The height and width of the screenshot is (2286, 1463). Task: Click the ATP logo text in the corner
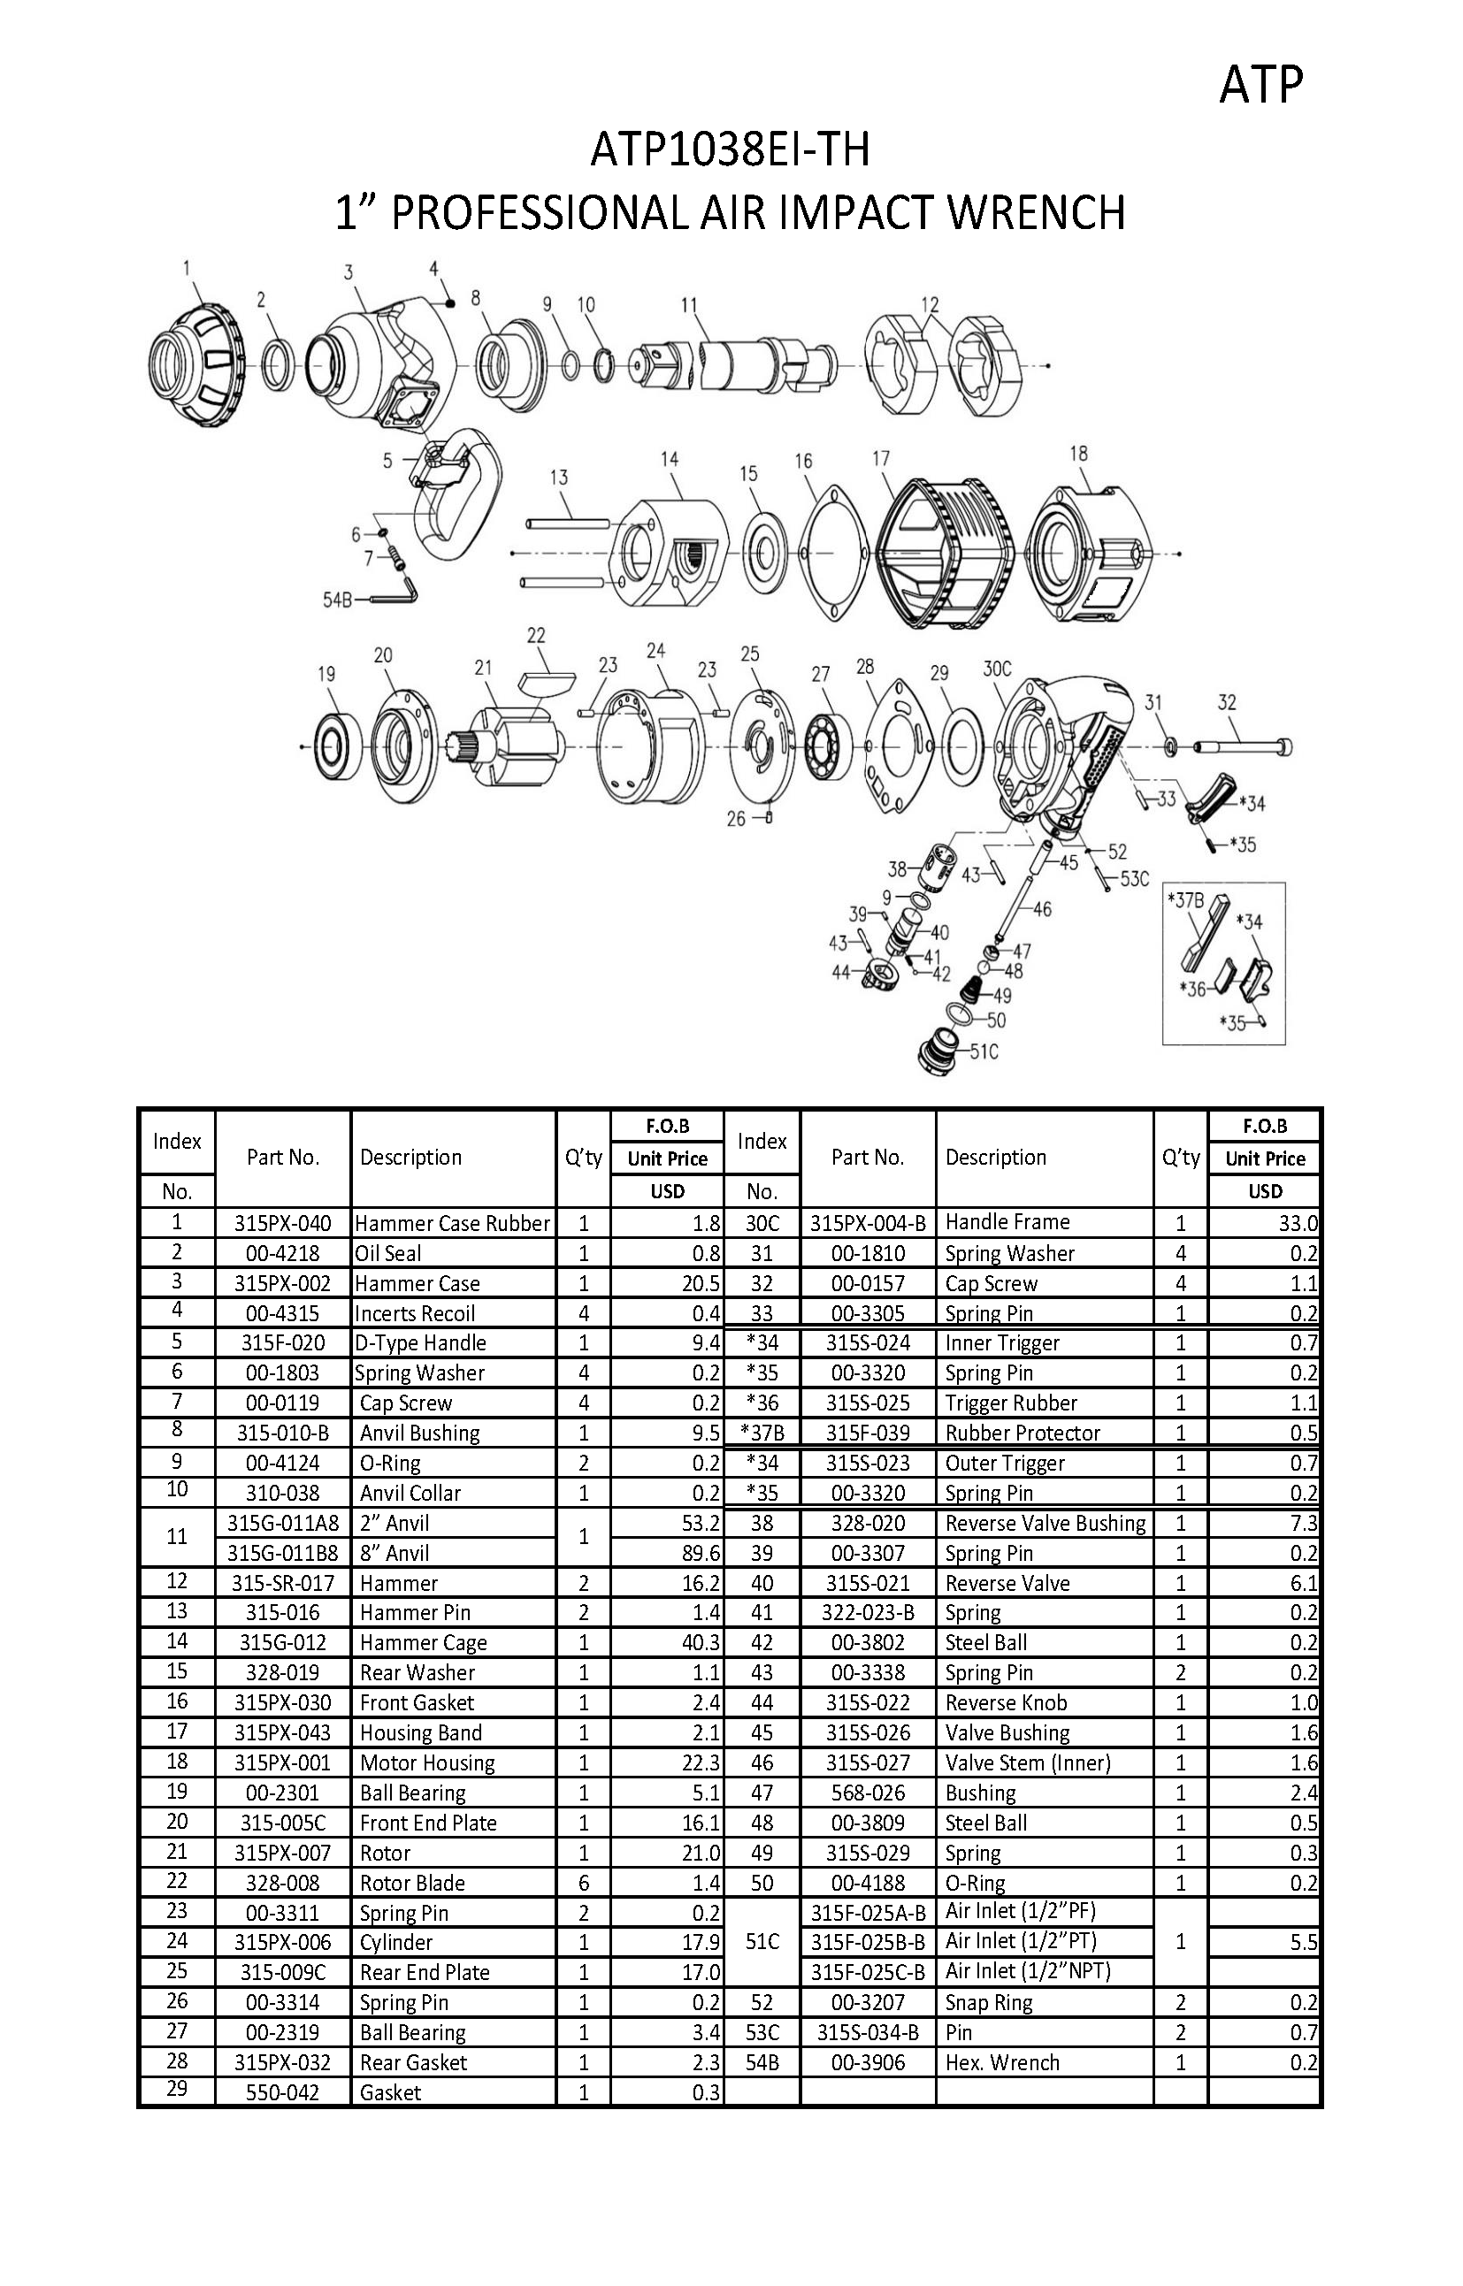pos(1260,86)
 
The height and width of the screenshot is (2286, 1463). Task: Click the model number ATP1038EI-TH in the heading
pos(730,150)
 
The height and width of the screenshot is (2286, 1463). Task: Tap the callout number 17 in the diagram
pos(881,459)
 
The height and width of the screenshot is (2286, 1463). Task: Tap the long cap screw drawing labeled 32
pos(1244,746)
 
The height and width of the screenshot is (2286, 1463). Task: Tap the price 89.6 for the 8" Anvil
pos(701,1553)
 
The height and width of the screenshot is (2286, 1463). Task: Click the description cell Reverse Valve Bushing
pos(1045,1524)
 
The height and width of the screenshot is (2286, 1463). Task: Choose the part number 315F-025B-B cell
pos(868,1942)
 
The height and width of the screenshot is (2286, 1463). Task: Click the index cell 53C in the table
pos(762,2032)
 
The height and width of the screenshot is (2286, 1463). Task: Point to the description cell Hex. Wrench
pos(1002,2063)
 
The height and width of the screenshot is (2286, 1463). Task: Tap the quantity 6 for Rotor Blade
pos(583,1884)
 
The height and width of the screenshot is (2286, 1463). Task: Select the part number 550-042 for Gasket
pos(282,2093)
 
